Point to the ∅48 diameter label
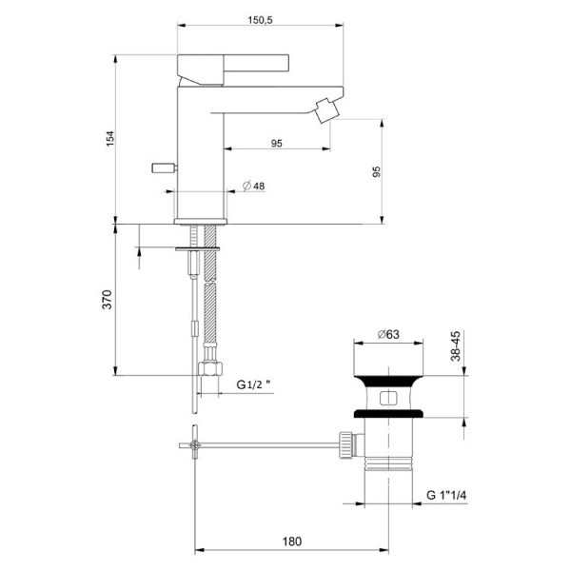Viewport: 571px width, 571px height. tap(253, 186)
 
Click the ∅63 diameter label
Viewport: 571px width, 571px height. tap(387, 333)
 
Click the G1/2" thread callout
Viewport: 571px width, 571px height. tap(254, 385)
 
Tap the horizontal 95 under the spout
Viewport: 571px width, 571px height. tap(276, 144)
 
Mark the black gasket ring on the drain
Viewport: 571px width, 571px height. tap(387, 413)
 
